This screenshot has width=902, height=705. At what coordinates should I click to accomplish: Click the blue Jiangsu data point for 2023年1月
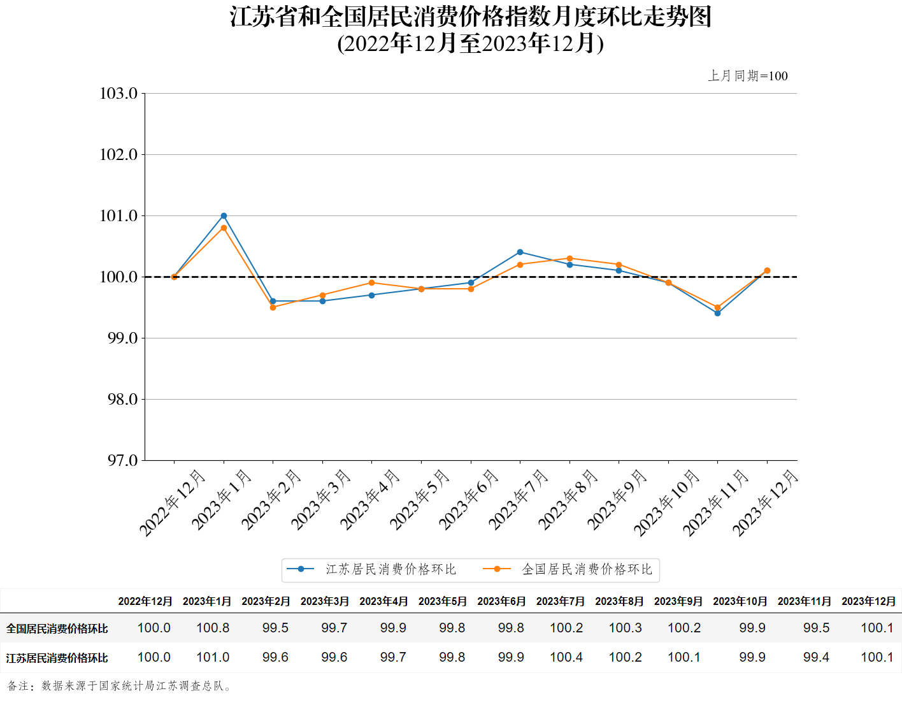(x=224, y=216)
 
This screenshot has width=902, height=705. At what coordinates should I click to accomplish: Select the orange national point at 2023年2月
(x=273, y=307)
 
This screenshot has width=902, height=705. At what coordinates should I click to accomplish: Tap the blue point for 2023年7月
(x=520, y=252)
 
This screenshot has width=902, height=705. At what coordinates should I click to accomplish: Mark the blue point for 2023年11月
(x=717, y=313)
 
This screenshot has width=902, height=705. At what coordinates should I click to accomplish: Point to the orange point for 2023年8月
(x=569, y=259)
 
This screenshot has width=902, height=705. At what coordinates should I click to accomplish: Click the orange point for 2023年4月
(x=371, y=283)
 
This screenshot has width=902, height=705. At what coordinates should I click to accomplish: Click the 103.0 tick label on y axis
(x=119, y=94)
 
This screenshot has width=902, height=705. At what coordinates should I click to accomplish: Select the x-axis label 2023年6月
(x=469, y=500)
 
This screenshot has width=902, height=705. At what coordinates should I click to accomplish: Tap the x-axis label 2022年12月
(x=172, y=504)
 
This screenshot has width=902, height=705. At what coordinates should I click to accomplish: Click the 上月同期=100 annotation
(x=748, y=76)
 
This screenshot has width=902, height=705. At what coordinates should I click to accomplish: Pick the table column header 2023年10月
(x=740, y=601)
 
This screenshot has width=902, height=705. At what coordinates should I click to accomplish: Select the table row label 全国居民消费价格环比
(x=57, y=629)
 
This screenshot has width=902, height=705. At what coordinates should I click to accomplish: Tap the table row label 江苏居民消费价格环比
(x=57, y=658)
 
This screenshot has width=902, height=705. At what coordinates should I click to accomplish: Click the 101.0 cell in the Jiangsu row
(x=213, y=657)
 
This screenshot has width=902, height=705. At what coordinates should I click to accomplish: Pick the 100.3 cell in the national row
(x=625, y=628)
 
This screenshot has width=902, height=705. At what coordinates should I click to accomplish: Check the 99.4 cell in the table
(x=816, y=657)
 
